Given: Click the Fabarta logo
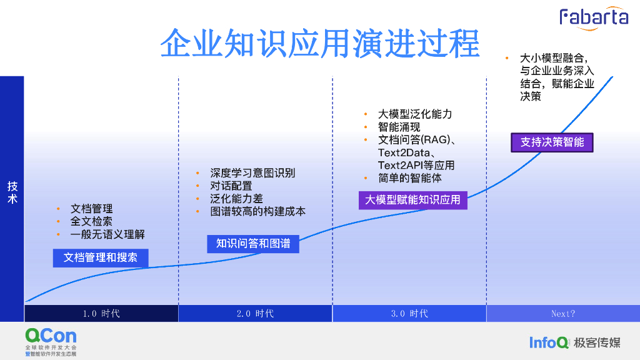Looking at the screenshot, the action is [593, 17].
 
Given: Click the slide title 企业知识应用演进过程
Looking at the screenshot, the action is [319, 43].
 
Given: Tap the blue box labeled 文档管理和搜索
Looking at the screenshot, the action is [101, 257].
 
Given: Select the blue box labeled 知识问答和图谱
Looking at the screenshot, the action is [253, 243].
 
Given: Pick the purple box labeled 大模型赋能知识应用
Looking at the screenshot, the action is [412, 200].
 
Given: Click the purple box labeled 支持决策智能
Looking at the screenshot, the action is [552, 142].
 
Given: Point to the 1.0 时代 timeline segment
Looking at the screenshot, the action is [101, 313].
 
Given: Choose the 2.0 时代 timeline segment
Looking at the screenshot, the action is [255, 313].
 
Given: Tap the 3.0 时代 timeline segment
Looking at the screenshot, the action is [409, 313].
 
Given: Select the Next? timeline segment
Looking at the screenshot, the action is [563, 313].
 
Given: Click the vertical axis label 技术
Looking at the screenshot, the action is [12, 192].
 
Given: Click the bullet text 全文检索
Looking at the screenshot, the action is [91, 221].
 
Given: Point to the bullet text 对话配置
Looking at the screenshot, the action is [231, 186].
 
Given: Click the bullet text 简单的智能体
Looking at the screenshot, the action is [410, 178].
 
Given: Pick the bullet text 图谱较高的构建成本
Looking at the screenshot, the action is [258, 211].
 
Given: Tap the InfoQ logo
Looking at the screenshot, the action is [549, 342].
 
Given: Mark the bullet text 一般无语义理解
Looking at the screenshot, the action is [107, 234].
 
